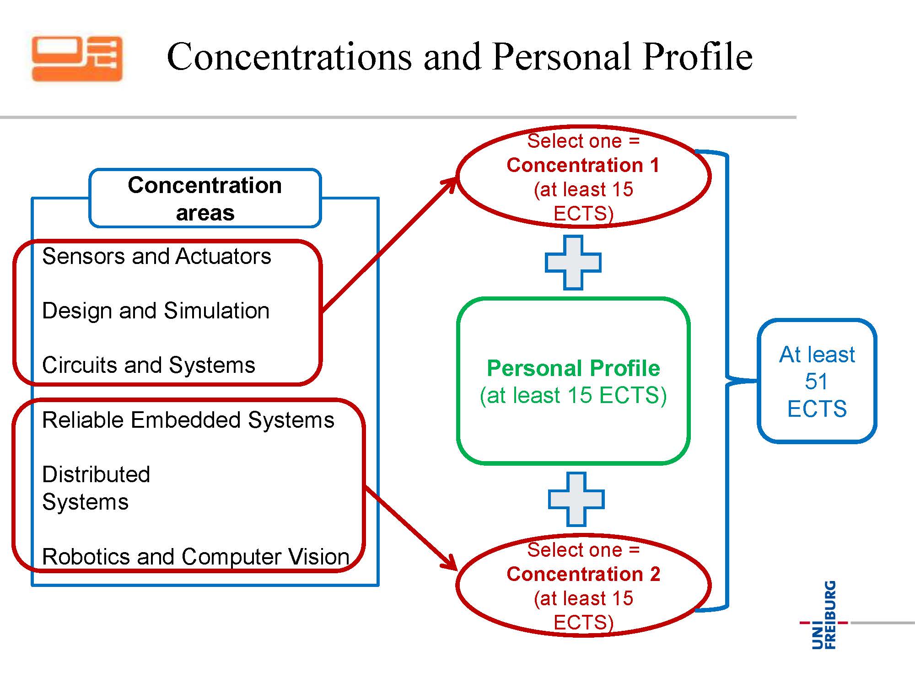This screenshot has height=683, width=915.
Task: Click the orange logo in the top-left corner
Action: [x=77, y=59]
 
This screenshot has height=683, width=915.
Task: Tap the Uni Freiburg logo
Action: [x=824, y=615]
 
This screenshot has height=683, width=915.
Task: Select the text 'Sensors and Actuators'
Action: [x=156, y=256]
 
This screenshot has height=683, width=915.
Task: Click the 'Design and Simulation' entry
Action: [x=156, y=311]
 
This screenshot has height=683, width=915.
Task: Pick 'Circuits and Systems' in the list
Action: [x=148, y=365]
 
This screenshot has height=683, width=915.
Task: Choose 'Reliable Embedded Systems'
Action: [x=188, y=420]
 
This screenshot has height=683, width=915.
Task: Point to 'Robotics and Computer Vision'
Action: [x=195, y=557]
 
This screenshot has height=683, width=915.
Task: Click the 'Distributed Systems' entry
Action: [x=96, y=488]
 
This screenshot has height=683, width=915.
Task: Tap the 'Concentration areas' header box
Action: [x=205, y=198]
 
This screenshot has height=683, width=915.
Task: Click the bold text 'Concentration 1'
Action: [x=583, y=165]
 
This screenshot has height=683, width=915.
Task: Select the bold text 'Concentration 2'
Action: [x=583, y=574]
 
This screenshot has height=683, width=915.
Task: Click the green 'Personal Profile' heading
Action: [x=573, y=368]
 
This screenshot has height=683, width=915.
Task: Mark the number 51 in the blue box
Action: [x=817, y=381]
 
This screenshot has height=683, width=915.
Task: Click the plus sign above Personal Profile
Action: [x=573, y=263]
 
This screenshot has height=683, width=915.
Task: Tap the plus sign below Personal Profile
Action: [x=576, y=499]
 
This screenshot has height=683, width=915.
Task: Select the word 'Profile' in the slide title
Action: [x=697, y=57]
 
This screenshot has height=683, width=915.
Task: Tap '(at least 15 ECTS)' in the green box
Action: [x=573, y=395]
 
